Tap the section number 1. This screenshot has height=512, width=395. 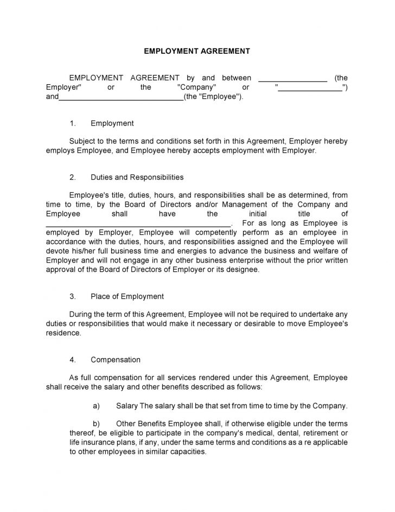point(73,123)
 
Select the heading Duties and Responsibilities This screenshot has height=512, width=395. point(137,177)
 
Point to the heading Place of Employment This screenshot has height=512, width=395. point(127,296)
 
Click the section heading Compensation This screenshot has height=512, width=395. point(116,360)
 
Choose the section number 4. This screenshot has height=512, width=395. point(73,360)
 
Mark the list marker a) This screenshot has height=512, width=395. point(97,406)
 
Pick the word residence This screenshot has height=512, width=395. point(62,333)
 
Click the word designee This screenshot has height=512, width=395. point(244,270)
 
